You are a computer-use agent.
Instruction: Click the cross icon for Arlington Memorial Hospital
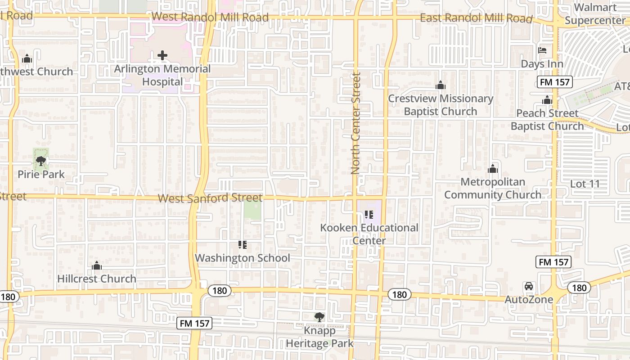pos(162,55)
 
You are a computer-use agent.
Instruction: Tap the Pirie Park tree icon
pos(41,161)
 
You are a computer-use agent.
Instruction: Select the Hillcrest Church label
pos(97,279)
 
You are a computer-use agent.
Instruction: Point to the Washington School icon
pos(243,245)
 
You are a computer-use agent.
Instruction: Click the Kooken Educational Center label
pos(369,234)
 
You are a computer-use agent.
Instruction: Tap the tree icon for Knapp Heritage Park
pos(319,317)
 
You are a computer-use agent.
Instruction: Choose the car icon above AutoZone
pos(529,286)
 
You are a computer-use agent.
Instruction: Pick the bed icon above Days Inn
pos(542,50)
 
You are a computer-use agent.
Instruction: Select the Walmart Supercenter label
pos(595,14)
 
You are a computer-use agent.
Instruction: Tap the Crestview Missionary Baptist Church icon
pos(440,85)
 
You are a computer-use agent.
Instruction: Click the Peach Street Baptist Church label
pos(547,120)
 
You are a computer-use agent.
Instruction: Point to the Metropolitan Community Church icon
pos(493,169)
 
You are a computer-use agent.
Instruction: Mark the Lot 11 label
pos(585,184)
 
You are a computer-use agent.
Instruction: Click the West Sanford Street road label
pos(210,198)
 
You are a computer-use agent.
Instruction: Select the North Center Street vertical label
pos(356,124)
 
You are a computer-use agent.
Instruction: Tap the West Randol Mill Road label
pos(210,17)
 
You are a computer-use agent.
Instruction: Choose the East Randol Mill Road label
pos(476,18)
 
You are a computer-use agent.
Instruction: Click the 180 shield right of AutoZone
pos(580,288)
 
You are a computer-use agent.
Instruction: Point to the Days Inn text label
pos(542,64)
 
